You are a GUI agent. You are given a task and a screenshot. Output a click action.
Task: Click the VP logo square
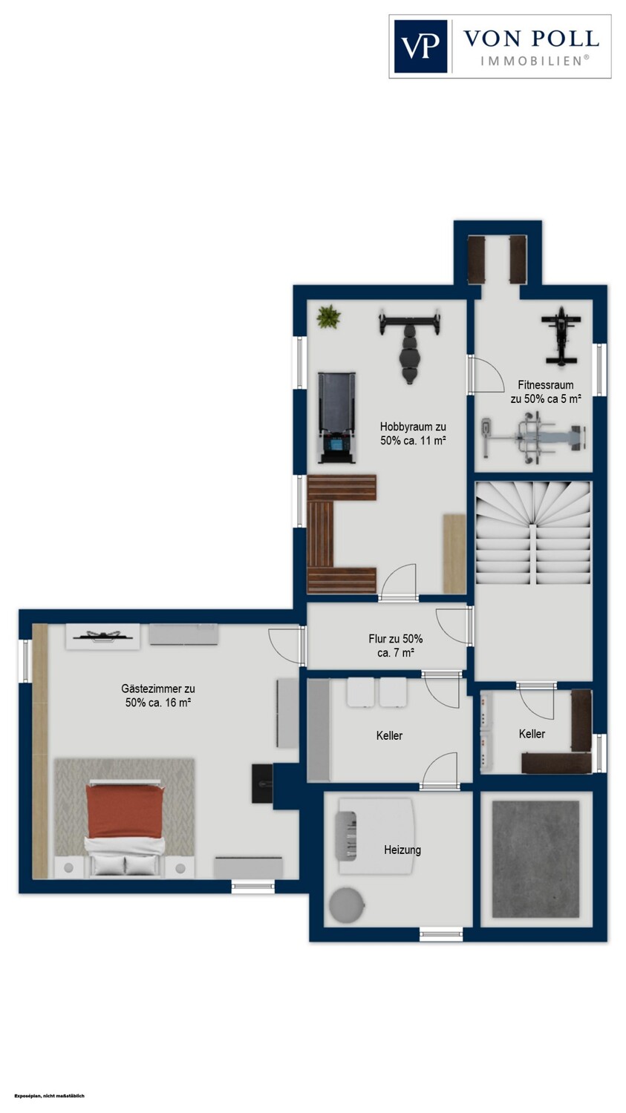point(420,46)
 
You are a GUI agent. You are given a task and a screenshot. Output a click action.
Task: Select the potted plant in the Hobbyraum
point(329,317)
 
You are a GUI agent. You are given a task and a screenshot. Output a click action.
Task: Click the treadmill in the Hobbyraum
point(336,417)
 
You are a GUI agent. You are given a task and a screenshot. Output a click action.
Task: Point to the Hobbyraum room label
point(413,433)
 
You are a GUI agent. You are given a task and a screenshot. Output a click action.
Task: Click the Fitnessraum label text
point(546,392)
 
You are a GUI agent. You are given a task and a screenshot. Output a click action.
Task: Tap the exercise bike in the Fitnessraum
point(561,336)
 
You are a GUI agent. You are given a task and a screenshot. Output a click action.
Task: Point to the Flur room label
point(395,646)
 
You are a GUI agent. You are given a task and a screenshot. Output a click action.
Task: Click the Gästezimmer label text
point(158,696)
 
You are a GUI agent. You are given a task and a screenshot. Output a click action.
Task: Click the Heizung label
point(402,850)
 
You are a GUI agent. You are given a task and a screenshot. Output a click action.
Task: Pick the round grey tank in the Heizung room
point(347,905)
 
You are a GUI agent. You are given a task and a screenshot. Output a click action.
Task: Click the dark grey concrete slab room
point(535,859)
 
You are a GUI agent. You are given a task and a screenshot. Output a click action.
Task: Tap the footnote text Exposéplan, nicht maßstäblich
point(49,1096)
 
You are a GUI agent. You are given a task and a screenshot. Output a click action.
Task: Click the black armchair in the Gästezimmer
point(263,784)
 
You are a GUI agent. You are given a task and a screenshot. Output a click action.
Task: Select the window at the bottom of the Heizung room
point(441,935)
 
